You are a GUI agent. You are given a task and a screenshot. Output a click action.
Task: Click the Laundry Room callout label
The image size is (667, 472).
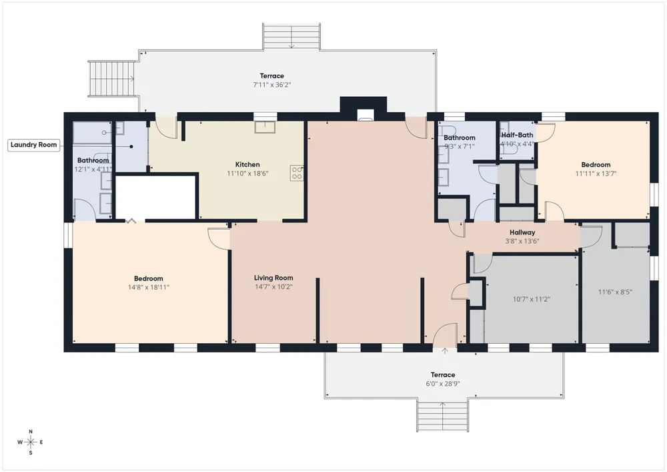pos(33,145)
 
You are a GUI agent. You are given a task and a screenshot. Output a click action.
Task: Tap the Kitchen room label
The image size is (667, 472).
pos(247,165)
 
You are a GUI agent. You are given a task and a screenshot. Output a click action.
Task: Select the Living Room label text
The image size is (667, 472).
pos(273,278)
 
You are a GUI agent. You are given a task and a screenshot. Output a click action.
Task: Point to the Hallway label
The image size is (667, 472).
pos(522,232)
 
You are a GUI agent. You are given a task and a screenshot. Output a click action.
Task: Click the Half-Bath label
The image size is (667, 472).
pos(518,135)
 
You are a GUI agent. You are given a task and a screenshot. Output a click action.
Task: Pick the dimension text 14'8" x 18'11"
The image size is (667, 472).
pos(149,287)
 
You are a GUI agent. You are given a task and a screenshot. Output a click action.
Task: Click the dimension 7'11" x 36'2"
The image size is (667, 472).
pos(272,85)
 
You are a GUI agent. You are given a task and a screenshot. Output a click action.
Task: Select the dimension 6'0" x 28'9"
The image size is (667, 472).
pos(443,383)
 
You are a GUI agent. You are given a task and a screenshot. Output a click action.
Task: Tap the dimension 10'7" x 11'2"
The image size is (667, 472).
pos(532,299)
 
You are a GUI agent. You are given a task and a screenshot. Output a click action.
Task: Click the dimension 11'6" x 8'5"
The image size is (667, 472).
pos(615,292)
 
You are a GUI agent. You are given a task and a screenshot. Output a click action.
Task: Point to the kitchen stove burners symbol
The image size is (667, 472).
pos(297,173)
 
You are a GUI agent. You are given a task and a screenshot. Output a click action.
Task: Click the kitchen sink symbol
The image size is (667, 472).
pos(265,127)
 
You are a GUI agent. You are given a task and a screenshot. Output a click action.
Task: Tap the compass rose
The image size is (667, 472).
pos(31,442)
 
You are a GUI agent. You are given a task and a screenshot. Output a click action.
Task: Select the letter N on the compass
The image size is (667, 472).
pos(31,431)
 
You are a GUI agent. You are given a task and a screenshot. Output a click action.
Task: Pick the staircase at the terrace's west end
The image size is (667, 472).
pos(112,79)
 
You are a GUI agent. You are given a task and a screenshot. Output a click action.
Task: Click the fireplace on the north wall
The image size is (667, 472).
pos(364,109)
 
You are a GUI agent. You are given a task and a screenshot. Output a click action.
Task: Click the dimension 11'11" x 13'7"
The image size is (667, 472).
pos(596,174)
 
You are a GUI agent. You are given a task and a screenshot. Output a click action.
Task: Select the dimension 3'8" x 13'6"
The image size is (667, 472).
pos(522,241)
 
